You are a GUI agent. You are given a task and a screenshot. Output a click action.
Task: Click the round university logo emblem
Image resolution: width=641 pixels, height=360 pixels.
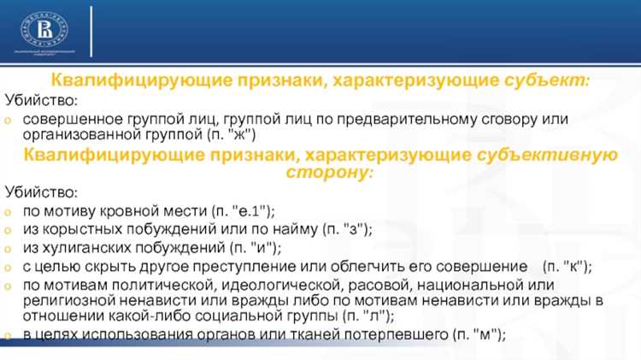44,30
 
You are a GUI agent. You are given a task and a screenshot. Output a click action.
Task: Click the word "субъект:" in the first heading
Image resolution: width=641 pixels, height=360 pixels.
546,80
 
